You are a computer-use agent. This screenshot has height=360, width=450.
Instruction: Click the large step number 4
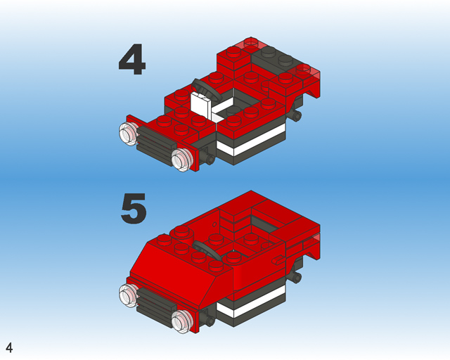point(132,60)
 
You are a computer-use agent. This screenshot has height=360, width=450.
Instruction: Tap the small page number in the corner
point(9,347)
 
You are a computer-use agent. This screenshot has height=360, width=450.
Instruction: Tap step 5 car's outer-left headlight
point(128,295)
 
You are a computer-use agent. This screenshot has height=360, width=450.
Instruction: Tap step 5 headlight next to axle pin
point(182,321)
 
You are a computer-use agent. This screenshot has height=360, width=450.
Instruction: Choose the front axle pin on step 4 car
point(210,160)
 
